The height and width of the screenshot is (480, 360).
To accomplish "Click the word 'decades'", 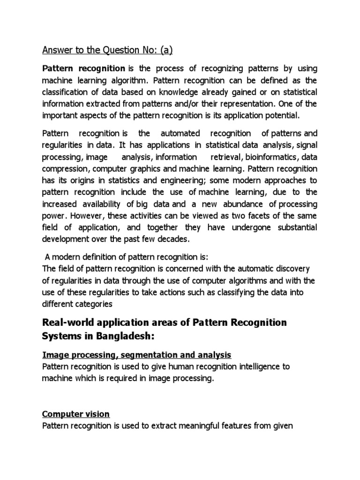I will [174, 239].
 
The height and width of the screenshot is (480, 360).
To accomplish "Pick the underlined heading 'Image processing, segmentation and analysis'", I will [136, 354].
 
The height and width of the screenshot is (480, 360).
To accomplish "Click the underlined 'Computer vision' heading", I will [76, 414].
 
